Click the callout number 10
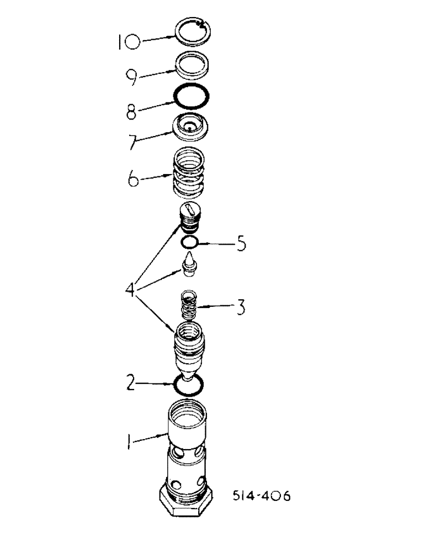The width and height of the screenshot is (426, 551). click(x=127, y=41)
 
